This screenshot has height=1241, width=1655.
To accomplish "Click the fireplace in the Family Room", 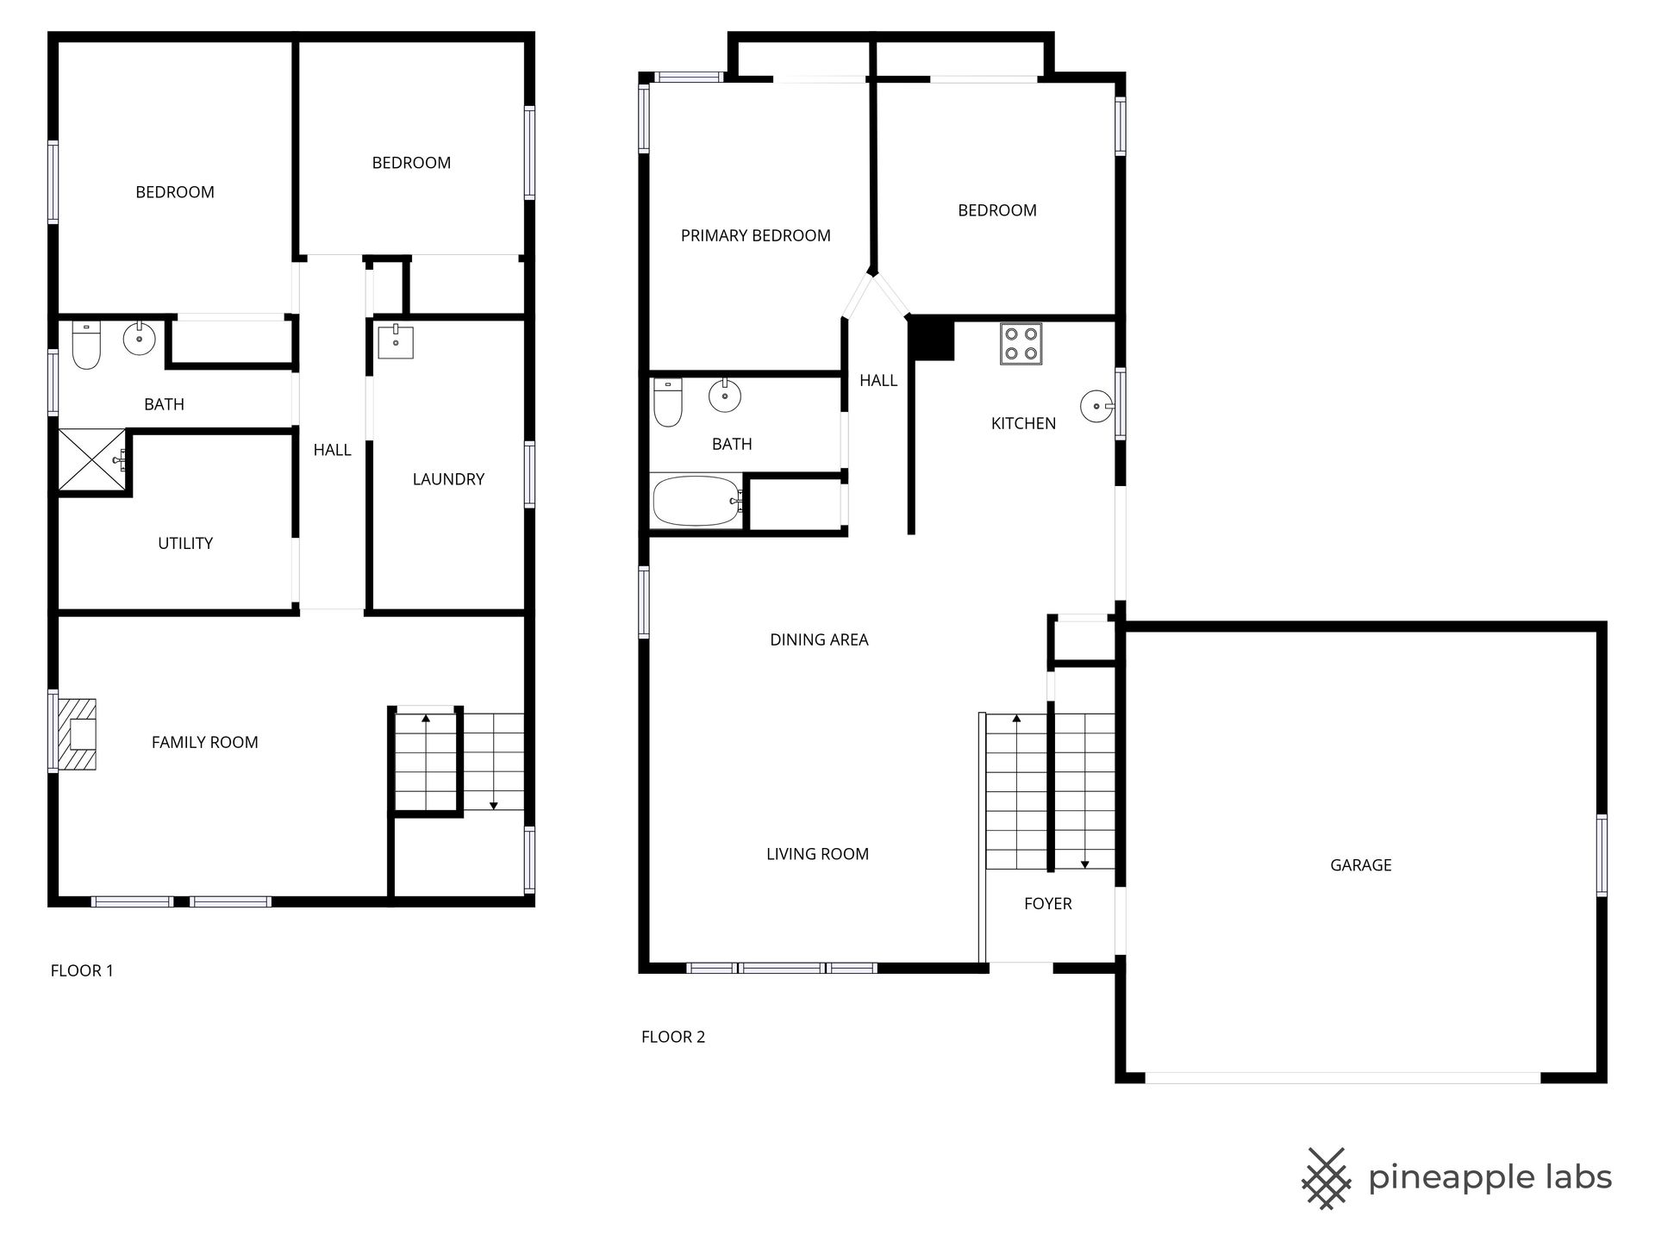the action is point(77,733).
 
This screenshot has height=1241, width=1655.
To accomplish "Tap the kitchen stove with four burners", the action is point(1021,343).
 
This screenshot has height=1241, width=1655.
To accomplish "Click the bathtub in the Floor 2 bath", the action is point(697,501).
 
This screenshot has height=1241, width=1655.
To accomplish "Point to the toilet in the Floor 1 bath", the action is point(86,345).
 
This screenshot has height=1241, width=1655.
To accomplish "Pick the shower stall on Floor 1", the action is point(94,461).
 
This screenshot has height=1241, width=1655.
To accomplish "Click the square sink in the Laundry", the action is point(396,341).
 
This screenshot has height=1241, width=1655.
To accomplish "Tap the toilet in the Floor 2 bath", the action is point(668,402).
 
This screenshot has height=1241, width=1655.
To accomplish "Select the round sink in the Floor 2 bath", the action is point(725,396).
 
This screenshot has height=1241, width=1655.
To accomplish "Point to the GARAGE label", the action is point(1360,865).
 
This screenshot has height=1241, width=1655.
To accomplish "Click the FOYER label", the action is point(1047,903).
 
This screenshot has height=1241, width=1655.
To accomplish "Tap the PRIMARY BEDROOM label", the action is point(755,235).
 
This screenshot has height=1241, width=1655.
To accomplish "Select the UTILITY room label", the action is point(185,543).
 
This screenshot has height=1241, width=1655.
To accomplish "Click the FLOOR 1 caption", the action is point(82,970).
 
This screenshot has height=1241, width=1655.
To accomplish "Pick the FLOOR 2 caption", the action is point(673,1037).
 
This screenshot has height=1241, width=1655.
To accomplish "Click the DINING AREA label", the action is point(819,639).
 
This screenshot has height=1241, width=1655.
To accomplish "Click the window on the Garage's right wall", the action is point(1602,855).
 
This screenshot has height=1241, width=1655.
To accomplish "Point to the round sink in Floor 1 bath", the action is point(139,339).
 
